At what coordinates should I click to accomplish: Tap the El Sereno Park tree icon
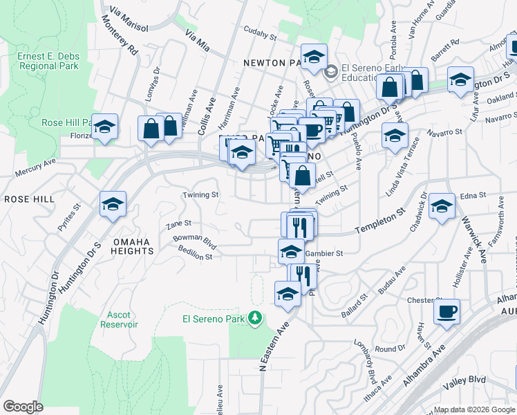(x=256, y=319)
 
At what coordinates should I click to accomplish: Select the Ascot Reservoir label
(x=119, y=319)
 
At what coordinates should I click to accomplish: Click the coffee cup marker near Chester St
(x=446, y=311)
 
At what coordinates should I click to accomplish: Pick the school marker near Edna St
(x=442, y=205)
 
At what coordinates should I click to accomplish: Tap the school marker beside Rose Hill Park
(x=105, y=127)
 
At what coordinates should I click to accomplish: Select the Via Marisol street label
(x=129, y=19)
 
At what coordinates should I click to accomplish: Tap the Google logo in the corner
(x=23, y=407)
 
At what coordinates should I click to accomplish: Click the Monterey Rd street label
(x=120, y=41)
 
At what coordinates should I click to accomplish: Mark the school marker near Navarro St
(x=395, y=135)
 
